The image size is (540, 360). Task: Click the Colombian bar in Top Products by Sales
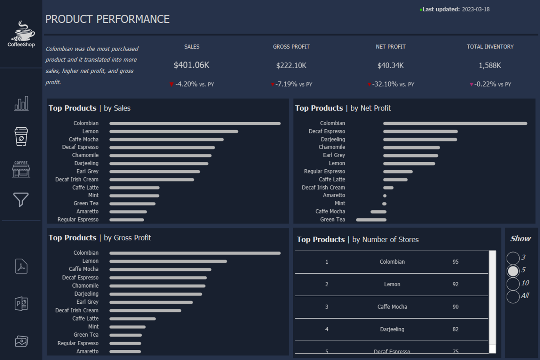195,124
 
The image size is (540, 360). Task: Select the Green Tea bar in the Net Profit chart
371,220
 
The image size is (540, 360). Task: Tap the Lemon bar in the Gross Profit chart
168,261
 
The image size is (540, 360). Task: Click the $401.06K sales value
191,65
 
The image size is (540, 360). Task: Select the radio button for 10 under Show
513,284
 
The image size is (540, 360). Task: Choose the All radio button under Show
513,296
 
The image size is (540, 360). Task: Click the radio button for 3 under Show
513,258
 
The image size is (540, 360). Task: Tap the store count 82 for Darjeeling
455,329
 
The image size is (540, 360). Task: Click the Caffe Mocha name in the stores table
392,307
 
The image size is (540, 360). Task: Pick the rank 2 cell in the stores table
327,284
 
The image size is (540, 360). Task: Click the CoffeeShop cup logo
22,31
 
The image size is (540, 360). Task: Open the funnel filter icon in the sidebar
21,200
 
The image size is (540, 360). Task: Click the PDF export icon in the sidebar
21,266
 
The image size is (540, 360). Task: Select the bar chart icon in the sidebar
21,103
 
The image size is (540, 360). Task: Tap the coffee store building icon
21,169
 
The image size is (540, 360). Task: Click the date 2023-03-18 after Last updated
475,9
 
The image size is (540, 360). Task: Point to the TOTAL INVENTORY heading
490,47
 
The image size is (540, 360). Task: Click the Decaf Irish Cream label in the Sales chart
77,180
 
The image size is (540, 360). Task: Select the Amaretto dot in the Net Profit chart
385,196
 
